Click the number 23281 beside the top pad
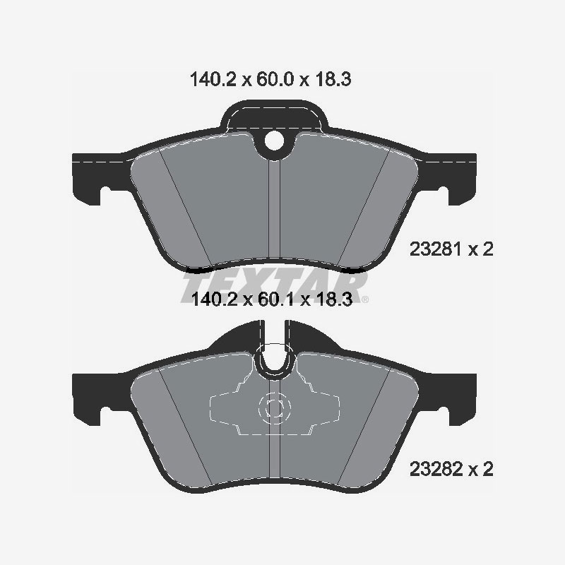(434, 249)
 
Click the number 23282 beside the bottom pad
(434, 468)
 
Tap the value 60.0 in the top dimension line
(276, 80)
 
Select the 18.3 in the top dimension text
(333, 80)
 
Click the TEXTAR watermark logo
(275, 286)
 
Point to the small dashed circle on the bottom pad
(274, 408)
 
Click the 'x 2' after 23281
(479, 249)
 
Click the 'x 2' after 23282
(479, 468)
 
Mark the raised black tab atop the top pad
(275, 113)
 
